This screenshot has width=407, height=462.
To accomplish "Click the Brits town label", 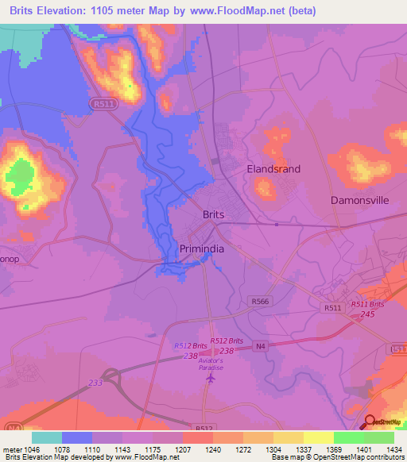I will [x=213, y=215].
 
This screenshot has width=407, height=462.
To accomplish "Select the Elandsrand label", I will [x=273, y=169].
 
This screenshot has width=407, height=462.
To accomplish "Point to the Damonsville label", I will [x=359, y=201].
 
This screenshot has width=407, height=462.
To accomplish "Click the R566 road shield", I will [x=258, y=301].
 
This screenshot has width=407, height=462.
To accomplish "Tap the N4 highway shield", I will [x=259, y=345].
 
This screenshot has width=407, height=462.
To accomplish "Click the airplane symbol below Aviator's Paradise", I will [x=211, y=379].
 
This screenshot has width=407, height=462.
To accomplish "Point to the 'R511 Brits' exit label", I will [x=367, y=304].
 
